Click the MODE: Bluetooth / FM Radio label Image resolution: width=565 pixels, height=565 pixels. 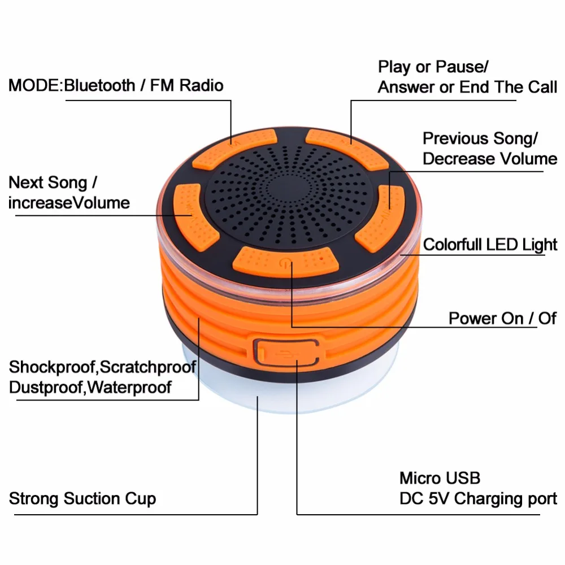[x=116, y=86]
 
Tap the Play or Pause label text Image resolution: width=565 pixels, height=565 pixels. [x=432, y=67]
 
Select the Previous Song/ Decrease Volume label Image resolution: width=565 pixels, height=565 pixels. [x=489, y=149]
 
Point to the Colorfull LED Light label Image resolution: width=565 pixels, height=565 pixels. [x=490, y=245]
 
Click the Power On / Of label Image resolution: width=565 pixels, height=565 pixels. [x=502, y=318]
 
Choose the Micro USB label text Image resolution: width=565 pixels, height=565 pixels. [x=440, y=478]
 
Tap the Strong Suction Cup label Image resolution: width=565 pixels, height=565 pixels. [x=82, y=499]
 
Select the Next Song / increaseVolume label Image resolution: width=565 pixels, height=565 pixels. [x=69, y=193]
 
